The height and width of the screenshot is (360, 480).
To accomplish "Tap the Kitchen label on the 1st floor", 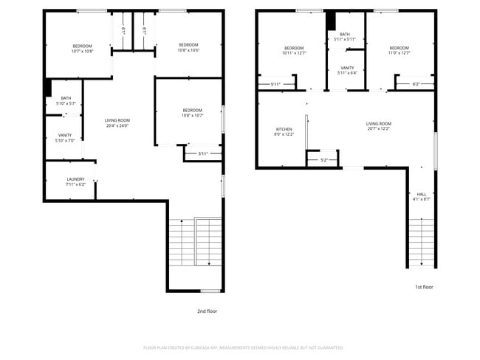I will click(x=284, y=131).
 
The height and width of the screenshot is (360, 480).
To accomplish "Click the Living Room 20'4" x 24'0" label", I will click(x=117, y=122).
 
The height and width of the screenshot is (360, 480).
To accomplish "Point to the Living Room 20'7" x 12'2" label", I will click(x=379, y=126).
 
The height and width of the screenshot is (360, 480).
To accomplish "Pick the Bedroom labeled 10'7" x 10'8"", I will click(x=82, y=49).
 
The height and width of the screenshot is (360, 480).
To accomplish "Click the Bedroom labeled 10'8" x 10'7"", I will click(x=192, y=113).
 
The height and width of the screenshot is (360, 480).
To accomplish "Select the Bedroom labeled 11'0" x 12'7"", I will click(x=399, y=50).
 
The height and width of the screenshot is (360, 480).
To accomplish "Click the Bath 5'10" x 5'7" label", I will click(x=66, y=101).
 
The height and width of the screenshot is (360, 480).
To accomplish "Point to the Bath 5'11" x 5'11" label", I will click(x=346, y=37).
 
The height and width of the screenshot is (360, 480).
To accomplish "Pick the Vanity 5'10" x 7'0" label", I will click(x=65, y=138).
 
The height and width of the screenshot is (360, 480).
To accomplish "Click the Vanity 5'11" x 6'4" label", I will click(x=346, y=70).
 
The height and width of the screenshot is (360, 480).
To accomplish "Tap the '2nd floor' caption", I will click(x=207, y=311).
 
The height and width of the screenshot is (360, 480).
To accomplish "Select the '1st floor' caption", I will click(x=423, y=286).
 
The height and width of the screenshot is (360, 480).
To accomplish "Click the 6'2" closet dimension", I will click(x=416, y=84).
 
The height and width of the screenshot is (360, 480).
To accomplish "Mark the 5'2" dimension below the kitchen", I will click(x=323, y=160).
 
